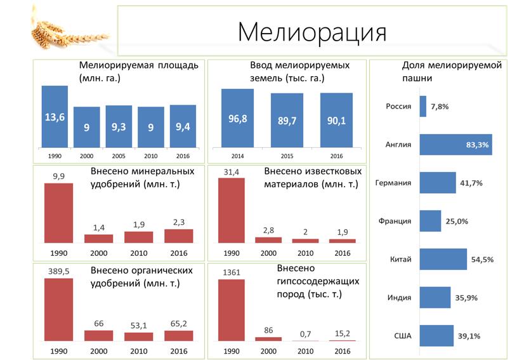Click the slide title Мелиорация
312,31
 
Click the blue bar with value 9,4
183,126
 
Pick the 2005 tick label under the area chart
119,155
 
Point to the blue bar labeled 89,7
287,121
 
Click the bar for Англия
456,144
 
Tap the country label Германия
393,183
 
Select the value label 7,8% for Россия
440,107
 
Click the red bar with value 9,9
58,213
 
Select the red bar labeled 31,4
231,210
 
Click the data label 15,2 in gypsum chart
343,333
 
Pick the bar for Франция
430,221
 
